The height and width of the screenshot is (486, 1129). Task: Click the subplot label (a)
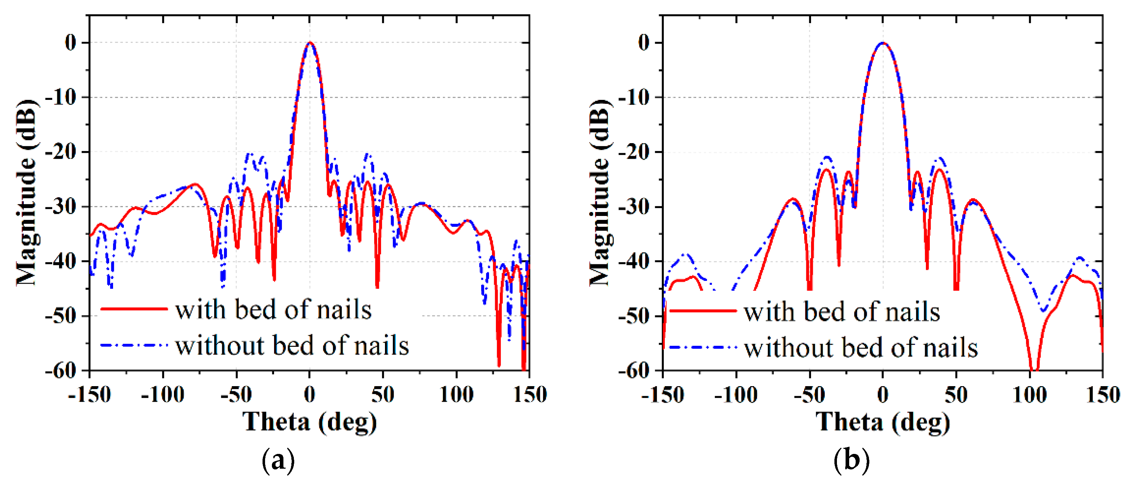[278, 460]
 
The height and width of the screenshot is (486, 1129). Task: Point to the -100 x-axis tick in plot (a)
[163, 394]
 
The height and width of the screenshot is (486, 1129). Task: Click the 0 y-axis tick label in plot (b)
[644, 43]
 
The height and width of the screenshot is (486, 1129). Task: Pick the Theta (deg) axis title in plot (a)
[309, 421]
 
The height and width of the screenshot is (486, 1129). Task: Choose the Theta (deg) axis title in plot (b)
[882, 421]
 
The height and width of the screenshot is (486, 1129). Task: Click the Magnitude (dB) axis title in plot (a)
[27, 193]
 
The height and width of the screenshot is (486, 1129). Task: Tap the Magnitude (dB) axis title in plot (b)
[600, 193]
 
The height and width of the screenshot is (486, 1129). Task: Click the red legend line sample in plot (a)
[134, 309]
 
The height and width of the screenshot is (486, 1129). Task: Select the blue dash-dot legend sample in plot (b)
[703, 348]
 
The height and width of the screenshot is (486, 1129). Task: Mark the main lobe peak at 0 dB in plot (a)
[310, 43]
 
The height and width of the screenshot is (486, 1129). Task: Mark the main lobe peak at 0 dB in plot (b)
[883, 43]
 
